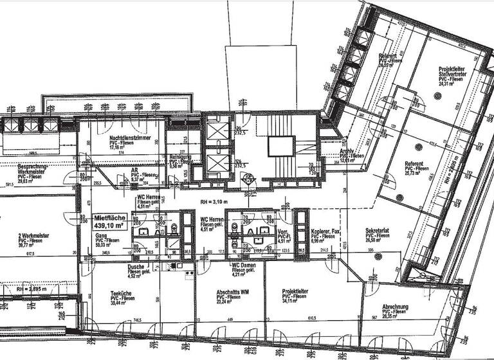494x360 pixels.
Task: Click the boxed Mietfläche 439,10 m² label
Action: [109, 222]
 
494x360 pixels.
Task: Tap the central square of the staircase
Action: [277, 146]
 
